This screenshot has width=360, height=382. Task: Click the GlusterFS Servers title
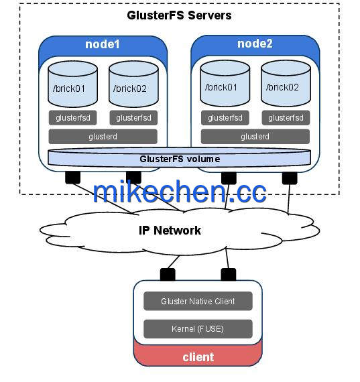click(x=179, y=15)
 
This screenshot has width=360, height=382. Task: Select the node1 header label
click(x=103, y=44)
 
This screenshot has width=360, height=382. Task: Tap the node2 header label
click(x=255, y=44)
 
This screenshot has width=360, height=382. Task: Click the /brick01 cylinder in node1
click(x=72, y=84)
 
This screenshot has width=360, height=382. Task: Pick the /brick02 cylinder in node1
click(x=133, y=84)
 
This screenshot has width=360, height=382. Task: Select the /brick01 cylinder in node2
click(x=225, y=83)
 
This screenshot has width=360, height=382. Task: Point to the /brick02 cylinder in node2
click(x=286, y=83)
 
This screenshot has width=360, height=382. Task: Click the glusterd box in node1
click(x=103, y=137)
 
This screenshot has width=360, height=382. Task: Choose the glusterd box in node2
click(x=255, y=137)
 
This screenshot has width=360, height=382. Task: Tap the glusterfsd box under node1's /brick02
click(x=133, y=118)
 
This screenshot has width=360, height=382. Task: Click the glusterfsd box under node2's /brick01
click(x=225, y=118)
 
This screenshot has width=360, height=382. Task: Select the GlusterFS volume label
click(x=180, y=159)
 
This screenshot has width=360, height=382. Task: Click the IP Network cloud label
click(x=170, y=231)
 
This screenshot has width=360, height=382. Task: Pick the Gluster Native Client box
click(x=198, y=301)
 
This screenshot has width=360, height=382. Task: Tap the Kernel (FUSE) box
click(x=198, y=329)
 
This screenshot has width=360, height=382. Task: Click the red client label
click(x=198, y=357)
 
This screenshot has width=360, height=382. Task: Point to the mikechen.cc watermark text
click(x=180, y=192)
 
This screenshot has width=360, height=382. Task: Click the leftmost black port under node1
click(x=72, y=178)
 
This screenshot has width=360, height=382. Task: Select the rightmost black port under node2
click(x=290, y=178)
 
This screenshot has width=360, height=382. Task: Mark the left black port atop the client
click(x=168, y=275)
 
